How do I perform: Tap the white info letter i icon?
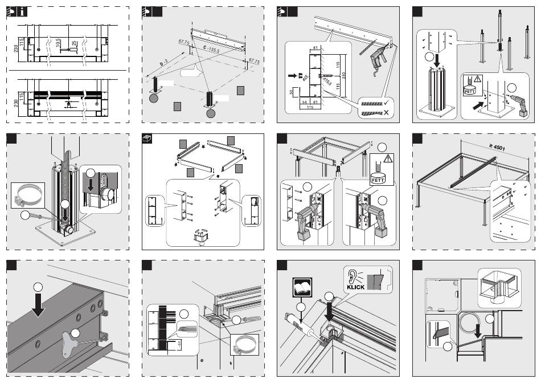pyautogui.click(x=21, y=13)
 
